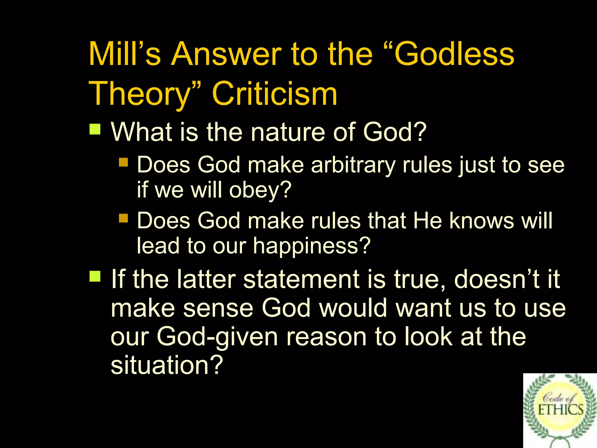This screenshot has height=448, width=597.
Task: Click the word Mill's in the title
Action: point(124,54)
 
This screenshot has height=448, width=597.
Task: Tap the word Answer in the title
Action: point(226,54)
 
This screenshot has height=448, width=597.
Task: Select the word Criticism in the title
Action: point(275,94)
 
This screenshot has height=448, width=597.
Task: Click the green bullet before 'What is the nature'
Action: point(95,129)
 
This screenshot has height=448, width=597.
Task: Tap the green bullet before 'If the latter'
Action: point(95,276)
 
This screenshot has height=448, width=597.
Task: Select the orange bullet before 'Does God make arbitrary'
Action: point(124,162)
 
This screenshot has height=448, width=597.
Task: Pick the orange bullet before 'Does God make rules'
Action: point(124,218)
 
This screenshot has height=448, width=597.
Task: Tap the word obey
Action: point(259,190)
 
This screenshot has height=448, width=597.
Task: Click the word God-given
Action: point(217,337)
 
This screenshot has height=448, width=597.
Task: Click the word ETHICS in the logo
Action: point(560,410)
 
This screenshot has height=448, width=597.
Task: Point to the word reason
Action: point(326,337)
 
